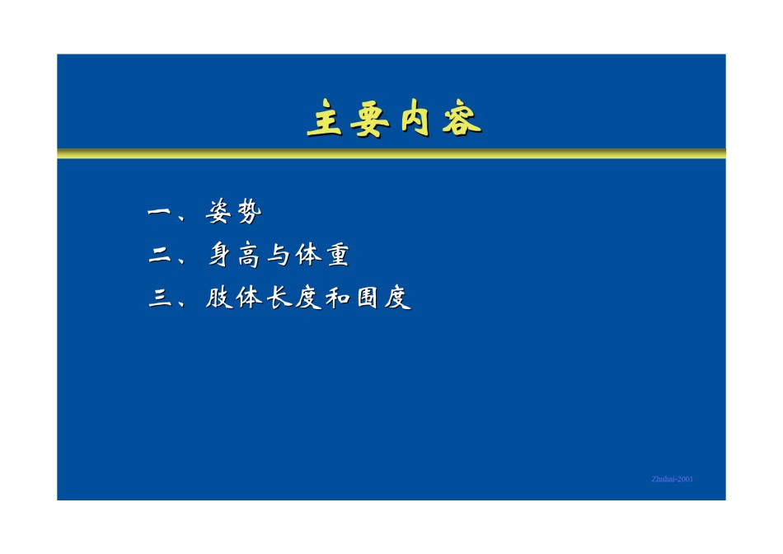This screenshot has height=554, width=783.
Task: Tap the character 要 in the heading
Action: pyautogui.click(x=369, y=119)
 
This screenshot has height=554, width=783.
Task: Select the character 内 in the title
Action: pyautogui.click(x=415, y=117)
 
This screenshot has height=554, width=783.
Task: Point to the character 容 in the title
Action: pyautogui.click(x=462, y=119)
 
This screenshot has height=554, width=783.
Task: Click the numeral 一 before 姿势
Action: pyautogui.click(x=159, y=213)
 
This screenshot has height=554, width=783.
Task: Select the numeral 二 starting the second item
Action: pyautogui.click(x=159, y=256)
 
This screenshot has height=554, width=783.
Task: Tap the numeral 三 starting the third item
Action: pyautogui.click(x=160, y=298)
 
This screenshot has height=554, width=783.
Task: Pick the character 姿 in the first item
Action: pyautogui.click(x=218, y=211)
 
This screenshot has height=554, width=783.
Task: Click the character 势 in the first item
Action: pyautogui.click(x=249, y=211)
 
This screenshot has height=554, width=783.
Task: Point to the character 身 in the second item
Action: pyautogui.click(x=220, y=254)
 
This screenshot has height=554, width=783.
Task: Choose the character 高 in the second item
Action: pyautogui.click(x=249, y=254)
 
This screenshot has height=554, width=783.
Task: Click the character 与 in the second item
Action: pyautogui.click(x=279, y=254)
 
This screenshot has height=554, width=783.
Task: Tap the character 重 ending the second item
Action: pyautogui.click(x=338, y=254)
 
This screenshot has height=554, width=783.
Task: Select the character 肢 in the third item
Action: pyautogui.click(x=219, y=298)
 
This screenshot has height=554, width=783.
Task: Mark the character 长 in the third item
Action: pyautogui.click(x=279, y=298)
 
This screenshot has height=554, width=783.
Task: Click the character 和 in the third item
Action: pyautogui.click(x=338, y=298)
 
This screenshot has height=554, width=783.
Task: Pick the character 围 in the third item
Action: pyautogui.click(x=368, y=298)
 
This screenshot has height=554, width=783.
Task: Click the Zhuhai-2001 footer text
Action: pyautogui.click(x=672, y=479)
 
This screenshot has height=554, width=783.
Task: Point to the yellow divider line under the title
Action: pyautogui.click(x=391, y=153)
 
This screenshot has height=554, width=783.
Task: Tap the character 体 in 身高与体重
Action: pyautogui.click(x=308, y=254)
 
